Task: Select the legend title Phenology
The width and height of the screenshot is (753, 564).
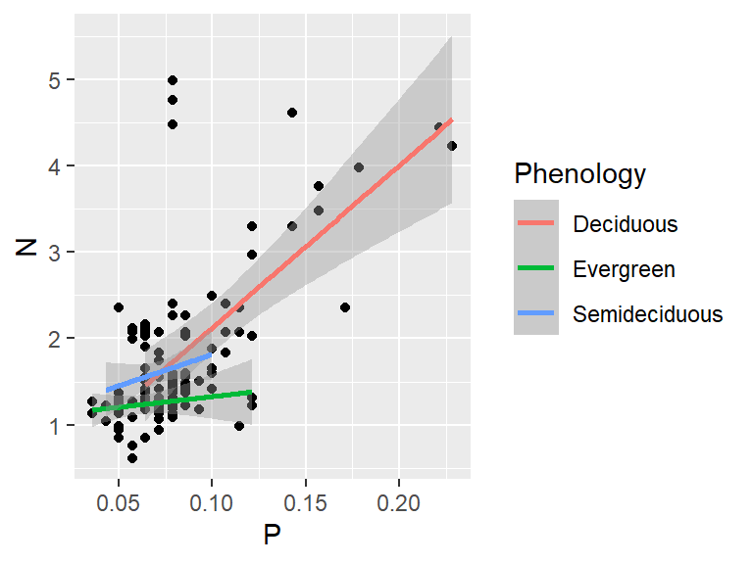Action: point(580,174)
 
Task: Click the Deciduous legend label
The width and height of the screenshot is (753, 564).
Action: point(626,224)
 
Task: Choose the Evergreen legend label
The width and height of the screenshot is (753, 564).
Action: point(625,269)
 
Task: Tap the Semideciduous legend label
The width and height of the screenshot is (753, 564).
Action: point(648,314)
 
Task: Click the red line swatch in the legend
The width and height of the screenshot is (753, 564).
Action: point(536,224)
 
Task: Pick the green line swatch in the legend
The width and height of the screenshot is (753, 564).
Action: point(536,269)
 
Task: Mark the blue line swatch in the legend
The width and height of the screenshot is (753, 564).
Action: point(536,314)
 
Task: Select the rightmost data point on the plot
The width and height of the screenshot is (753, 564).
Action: point(452,146)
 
